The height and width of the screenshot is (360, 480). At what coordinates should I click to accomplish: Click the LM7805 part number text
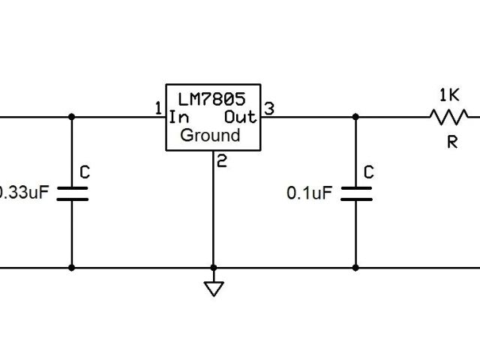(x=213, y=99)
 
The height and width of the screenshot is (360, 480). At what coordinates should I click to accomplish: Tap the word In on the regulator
(x=178, y=117)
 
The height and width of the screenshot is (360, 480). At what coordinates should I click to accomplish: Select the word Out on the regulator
(x=240, y=117)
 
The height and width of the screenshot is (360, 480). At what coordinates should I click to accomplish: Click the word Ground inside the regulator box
(x=210, y=136)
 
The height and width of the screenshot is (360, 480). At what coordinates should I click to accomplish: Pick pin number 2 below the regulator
(x=221, y=160)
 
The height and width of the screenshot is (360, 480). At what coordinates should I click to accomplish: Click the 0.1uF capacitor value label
(x=308, y=193)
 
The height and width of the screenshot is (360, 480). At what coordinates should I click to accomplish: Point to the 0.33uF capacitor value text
(x=24, y=193)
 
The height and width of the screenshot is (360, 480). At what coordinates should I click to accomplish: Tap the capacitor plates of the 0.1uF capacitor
(x=355, y=193)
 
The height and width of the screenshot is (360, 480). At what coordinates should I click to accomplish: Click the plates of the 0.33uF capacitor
(x=72, y=193)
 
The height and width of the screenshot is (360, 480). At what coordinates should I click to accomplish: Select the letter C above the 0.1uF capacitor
(x=368, y=172)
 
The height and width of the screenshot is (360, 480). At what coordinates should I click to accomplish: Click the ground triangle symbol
(x=214, y=289)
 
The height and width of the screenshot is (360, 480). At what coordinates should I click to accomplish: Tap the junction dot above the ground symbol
(x=214, y=267)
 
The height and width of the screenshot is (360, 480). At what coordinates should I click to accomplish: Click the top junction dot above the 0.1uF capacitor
(x=355, y=116)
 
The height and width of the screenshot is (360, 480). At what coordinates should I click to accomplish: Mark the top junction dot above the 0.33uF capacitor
(x=72, y=116)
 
